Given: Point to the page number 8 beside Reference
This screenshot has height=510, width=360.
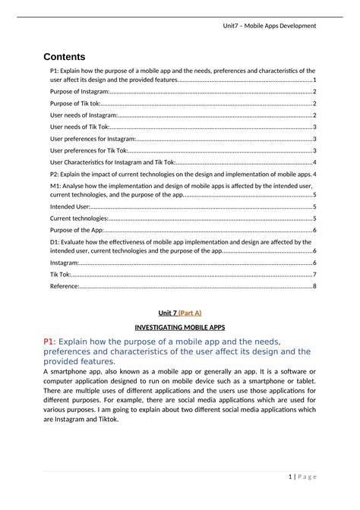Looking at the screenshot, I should (x=314, y=286).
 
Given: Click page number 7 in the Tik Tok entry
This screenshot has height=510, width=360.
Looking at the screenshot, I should (x=314, y=274).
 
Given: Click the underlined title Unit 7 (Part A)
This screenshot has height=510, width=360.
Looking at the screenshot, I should (x=179, y=312).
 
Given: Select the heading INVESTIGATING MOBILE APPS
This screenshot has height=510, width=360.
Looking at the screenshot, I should (x=180, y=327).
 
